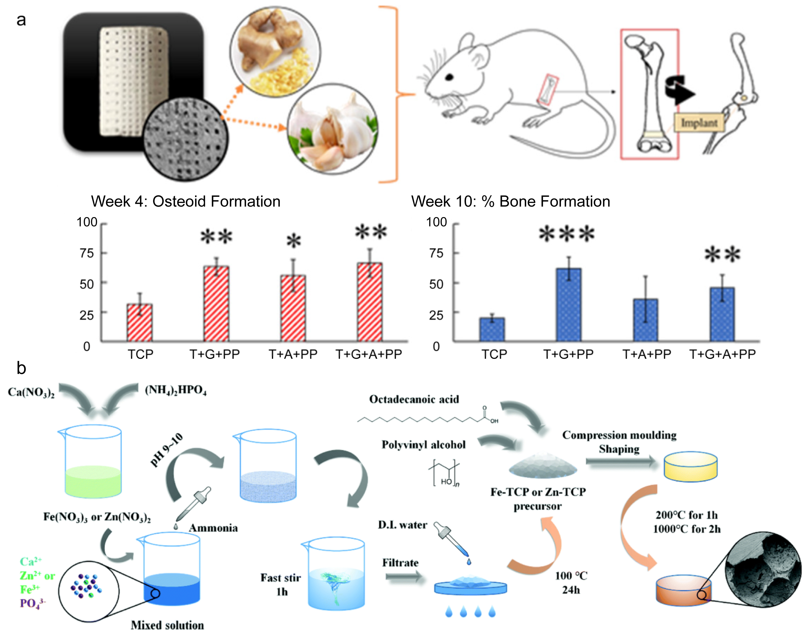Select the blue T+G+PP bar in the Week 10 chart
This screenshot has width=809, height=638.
pyautogui.click(x=568, y=305)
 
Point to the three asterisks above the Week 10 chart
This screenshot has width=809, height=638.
pyautogui.click(x=566, y=234)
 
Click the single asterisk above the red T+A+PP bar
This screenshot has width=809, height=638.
pyautogui.click(x=294, y=241)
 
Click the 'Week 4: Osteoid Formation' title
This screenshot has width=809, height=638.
pyautogui.click(x=185, y=201)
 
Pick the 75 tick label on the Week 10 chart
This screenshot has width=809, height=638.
pyautogui.click(x=436, y=253)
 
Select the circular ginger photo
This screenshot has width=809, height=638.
pyautogui.click(x=275, y=52)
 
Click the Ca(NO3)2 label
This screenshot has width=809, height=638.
pyautogui.click(x=31, y=392)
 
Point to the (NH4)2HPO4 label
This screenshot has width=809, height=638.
pyautogui.click(x=176, y=390)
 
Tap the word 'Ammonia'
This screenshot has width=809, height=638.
pyautogui.click(x=213, y=528)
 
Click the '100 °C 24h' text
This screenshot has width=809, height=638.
pyautogui.click(x=571, y=583)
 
